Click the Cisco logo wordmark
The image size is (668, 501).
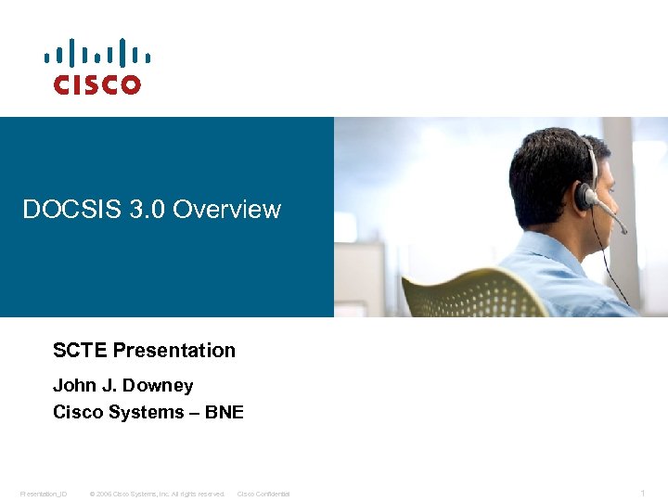(96, 84)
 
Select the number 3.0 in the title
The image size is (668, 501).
(137, 210)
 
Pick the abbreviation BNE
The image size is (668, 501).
(224, 412)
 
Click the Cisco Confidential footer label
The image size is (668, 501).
(263, 494)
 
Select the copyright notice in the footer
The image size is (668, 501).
(157, 494)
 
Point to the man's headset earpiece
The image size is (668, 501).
(585, 196)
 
